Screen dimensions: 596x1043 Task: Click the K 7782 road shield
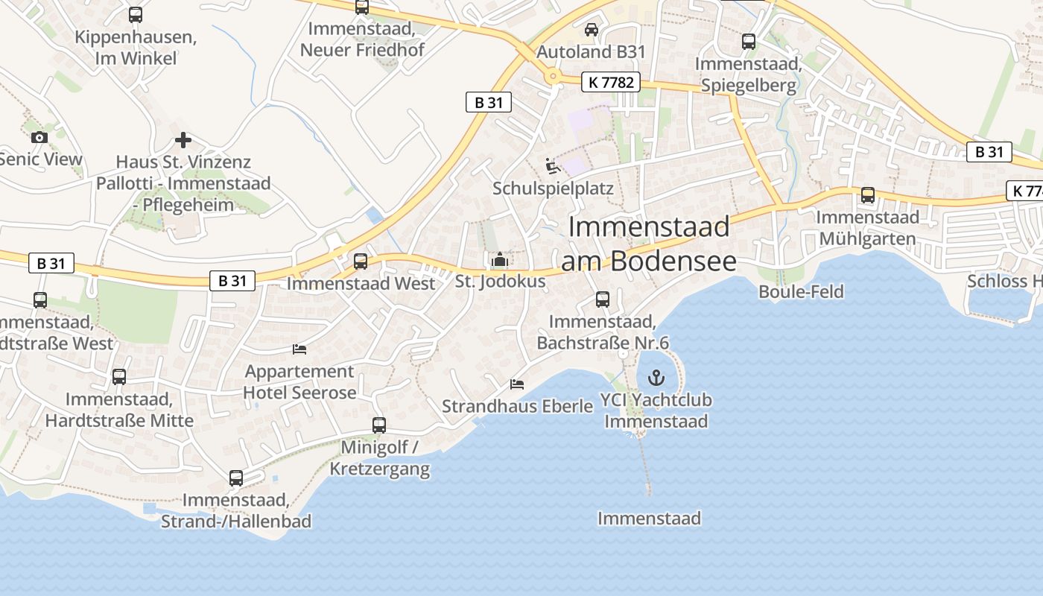pos(610,83)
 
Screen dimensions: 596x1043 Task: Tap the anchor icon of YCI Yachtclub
pos(656,378)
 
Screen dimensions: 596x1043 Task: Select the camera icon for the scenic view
pos(39,137)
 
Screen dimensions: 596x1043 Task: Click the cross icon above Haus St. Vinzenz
pos(183,140)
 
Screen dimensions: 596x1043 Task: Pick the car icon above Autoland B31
pos(591,30)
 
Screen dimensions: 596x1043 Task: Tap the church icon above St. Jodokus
pos(499,260)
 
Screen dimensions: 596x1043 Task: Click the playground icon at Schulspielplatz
pos(552,165)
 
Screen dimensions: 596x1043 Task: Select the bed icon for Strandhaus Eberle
pos(517,384)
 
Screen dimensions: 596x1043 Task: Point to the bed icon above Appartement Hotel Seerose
pos(299,349)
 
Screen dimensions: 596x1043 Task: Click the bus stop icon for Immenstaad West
pos(361,261)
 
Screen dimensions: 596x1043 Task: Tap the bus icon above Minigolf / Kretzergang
pos(379,425)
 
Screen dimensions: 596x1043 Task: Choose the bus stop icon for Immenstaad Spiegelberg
pos(749,42)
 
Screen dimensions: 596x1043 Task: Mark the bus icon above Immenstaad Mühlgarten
pos(868,195)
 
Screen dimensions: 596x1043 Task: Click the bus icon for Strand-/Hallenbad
pos(236,478)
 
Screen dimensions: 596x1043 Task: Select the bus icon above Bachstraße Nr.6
pos(603,299)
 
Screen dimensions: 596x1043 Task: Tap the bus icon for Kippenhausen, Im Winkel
pos(136,15)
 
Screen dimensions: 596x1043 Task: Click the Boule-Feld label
pos(801,291)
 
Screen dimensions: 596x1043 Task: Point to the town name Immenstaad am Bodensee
pos(648,244)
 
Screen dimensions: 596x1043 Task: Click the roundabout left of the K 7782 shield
pos(553,75)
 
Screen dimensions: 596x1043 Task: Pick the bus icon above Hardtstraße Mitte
pos(119,377)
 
